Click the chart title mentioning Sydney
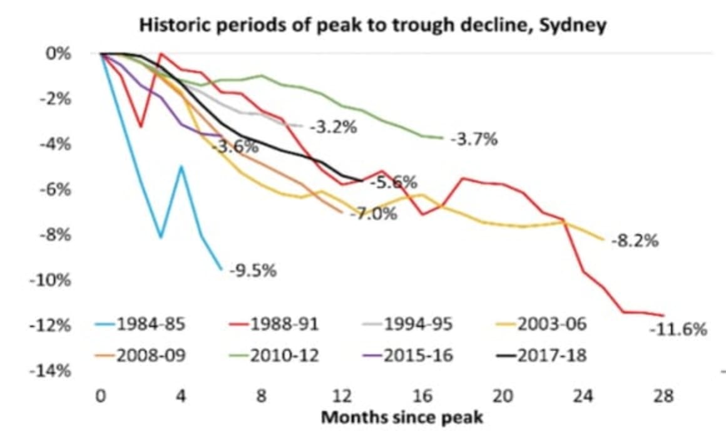(372, 26)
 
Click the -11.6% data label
(678, 329)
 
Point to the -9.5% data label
(252, 272)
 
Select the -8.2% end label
(634, 241)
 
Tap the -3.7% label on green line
(474, 140)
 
